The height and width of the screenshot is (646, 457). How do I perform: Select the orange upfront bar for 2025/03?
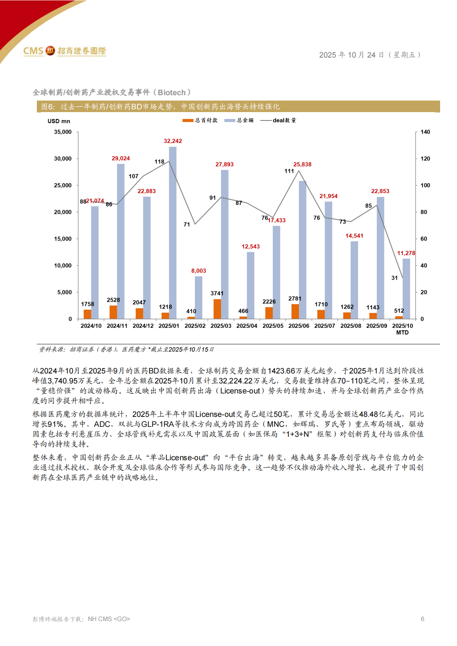(217, 309)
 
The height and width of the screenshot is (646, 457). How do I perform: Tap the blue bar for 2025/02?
(198, 297)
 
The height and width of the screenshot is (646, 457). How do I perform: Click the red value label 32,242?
(173, 141)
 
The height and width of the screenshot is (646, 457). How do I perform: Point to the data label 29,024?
(120, 158)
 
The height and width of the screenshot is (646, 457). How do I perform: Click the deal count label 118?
(159, 162)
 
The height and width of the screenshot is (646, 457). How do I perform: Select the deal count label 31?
(394, 278)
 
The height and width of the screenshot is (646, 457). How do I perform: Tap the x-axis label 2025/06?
(299, 326)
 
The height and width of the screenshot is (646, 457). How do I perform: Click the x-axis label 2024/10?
(91, 326)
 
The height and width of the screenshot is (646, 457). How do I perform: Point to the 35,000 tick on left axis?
(63, 132)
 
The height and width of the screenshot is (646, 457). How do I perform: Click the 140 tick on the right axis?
(425, 132)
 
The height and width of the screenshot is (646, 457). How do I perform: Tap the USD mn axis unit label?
(59, 121)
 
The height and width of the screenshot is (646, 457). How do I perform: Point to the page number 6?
(422, 619)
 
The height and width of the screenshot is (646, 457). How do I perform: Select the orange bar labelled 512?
(399, 317)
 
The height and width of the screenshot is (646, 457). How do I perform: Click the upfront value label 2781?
(295, 299)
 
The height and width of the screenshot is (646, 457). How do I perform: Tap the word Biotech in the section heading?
(172, 93)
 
